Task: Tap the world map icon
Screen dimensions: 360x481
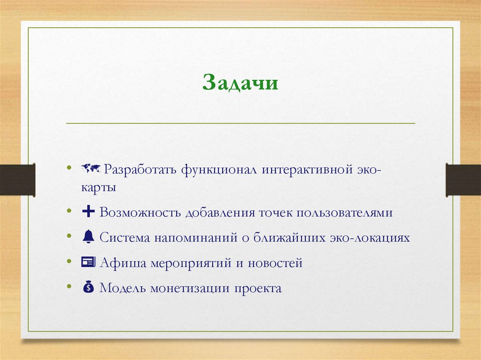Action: coord(91,168)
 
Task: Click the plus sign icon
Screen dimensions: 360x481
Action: coord(88,212)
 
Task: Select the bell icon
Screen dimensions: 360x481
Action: coord(88,237)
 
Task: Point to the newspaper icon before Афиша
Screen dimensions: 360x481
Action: coord(88,262)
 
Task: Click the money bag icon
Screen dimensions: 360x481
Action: coord(88,287)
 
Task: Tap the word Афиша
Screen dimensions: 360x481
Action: coord(123,263)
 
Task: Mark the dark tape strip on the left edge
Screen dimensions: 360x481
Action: coord(17,179)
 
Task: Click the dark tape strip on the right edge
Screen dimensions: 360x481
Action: coord(463,179)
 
